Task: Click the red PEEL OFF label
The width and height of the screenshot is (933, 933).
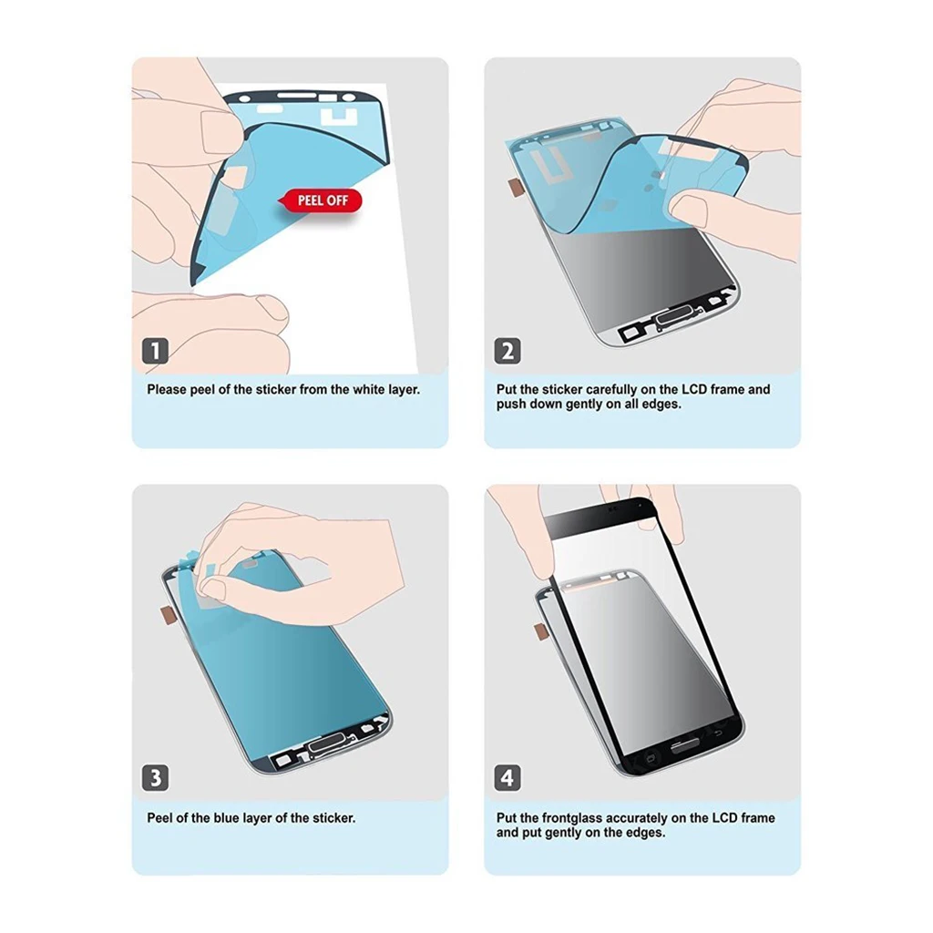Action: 323,200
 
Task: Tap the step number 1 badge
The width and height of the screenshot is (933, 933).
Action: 156,351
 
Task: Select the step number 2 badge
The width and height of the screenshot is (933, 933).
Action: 508,351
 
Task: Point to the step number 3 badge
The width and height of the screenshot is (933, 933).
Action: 156,778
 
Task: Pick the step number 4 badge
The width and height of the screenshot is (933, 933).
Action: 508,778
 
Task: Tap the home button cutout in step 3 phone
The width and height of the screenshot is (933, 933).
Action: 326,746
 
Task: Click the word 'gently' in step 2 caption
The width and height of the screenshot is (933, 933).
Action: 574,404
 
